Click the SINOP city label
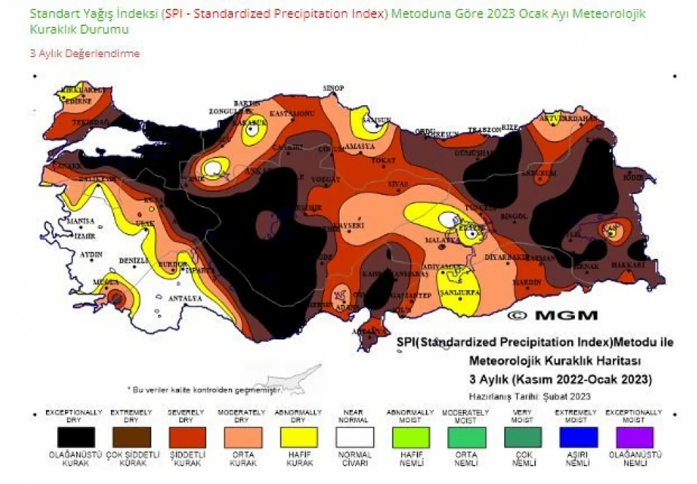pyautogui.click(x=333, y=88)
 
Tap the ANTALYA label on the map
pyautogui.click(x=185, y=298)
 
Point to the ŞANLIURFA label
pyautogui.click(x=460, y=292)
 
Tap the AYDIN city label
pyautogui.click(x=91, y=255)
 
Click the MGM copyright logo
pyautogui.click(x=552, y=315)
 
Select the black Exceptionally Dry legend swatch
pyautogui.click(x=76, y=437)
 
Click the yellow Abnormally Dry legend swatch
pyautogui.click(x=299, y=437)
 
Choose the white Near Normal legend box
pyautogui.click(x=355, y=437)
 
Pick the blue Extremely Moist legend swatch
pyautogui.click(x=578, y=437)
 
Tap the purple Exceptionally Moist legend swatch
pyautogui.click(x=634, y=437)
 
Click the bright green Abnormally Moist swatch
pyautogui.click(x=411, y=437)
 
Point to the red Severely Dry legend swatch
pyautogui.click(x=187, y=437)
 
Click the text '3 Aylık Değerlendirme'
pyautogui.click(x=85, y=54)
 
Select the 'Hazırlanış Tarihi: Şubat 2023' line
pyautogui.click(x=529, y=396)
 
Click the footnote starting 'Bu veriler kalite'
pyautogui.click(x=205, y=390)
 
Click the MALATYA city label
pyautogui.click(x=438, y=240)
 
